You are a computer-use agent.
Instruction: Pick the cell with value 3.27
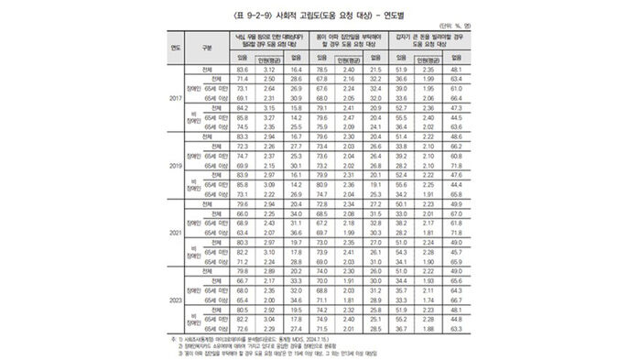click(x=271, y=117)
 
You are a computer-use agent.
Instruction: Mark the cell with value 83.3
click(x=242, y=135)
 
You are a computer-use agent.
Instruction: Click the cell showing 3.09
click(x=271, y=184)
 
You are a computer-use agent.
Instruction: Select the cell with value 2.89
click(x=271, y=272)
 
